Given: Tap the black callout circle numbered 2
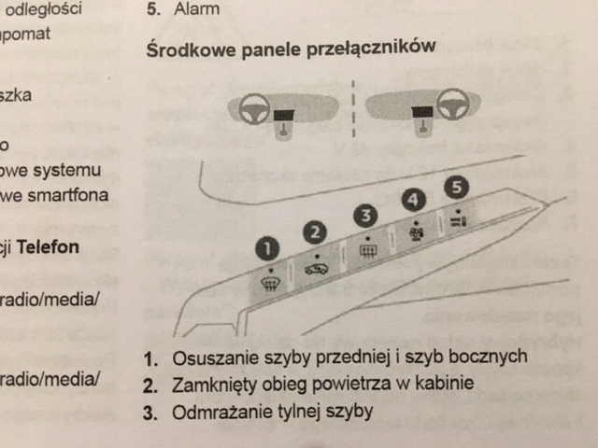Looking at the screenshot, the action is [x=318, y=232].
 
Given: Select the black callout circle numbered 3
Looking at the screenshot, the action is [x=367, y=216].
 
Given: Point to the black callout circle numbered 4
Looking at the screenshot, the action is [x=412, y=199].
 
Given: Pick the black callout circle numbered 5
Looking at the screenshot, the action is [x=455, y=187].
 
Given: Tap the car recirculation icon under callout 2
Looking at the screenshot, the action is [x=318, y=268].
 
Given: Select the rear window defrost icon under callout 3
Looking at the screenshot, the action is [x=367, y=249].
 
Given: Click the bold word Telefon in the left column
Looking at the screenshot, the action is [x=46, y=247].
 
